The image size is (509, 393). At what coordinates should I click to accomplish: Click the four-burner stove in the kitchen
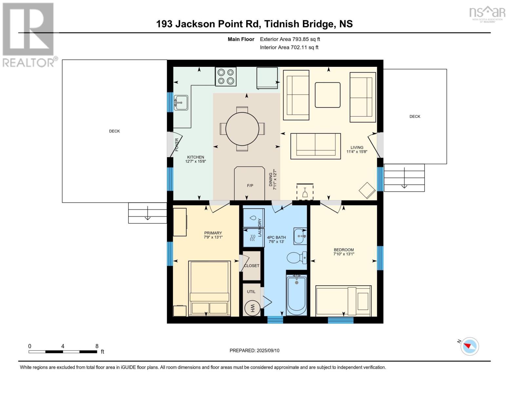225,77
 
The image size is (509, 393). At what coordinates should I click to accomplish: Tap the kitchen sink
181,103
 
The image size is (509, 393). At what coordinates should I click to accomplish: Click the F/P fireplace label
250,186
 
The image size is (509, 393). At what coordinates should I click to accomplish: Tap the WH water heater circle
252,308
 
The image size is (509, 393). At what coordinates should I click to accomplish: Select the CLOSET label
251,266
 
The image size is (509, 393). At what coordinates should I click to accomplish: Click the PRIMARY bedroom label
213,233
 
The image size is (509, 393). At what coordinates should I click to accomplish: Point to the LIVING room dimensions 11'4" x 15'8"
357,152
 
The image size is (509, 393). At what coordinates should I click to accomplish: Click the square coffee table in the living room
327,95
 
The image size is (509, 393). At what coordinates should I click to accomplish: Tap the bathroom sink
300,236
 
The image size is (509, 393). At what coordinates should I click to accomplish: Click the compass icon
470,346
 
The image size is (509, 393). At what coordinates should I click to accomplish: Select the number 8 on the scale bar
97,346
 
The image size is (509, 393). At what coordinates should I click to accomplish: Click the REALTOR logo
29,34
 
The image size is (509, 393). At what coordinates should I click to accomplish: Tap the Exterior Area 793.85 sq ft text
290,39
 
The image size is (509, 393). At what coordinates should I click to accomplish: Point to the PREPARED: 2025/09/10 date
254,350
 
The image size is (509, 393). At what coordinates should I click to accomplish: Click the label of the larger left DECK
114,131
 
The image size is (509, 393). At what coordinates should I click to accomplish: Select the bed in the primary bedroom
209,288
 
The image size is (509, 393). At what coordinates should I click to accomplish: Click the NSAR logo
487,13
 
